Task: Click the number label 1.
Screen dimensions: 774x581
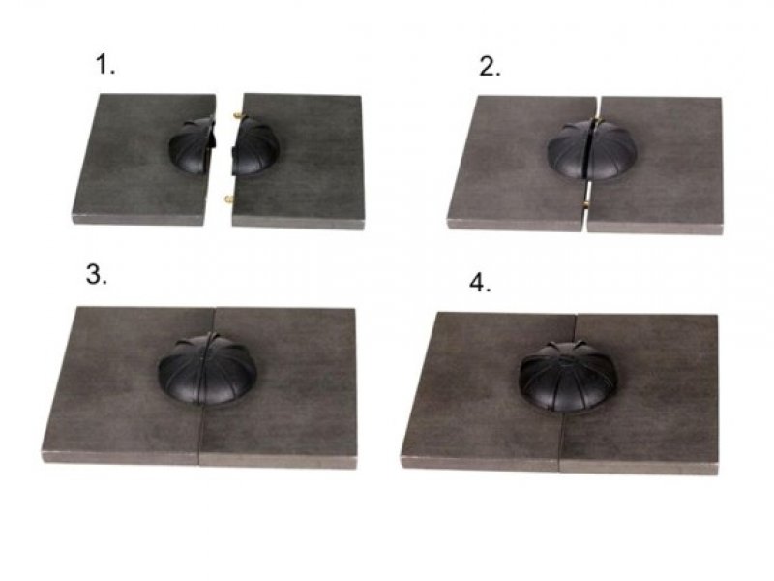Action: pyautogui.click(x=105, y=65)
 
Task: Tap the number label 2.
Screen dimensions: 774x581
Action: pyautogui.click(x=490, y=67)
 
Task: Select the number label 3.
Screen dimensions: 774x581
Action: pyautogui.click(x=96, y=274)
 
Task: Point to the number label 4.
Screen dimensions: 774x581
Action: pyautogui.click(x=480, y=283)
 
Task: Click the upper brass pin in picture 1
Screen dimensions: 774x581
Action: pyautogui.click(x=238, y=116)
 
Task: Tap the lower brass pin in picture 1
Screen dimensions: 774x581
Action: pyautogui.click(x=229, y=199)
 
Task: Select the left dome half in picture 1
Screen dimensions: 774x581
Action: pyautogui.click(x=193, y=146)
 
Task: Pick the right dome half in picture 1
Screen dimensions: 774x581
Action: pyautogui.click(x=255, y=147)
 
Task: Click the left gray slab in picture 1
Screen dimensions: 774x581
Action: pyautogui.click(x=143, y=159)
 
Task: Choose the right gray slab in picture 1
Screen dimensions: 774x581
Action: pyautogui.click(x=299, y=161)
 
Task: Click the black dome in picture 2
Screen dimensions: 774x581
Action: pyautogui.click(x=592, y=150)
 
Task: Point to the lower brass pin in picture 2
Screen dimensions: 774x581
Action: pyautogui.click(x=586, y=204)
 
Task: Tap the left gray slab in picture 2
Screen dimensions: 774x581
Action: pyautogui.click(x=521, y=164)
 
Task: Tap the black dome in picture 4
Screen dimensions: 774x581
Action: pyautogui.click(x=568, y=376)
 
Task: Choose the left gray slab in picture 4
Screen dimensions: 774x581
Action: pyautogui.click(x=489, y=391)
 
